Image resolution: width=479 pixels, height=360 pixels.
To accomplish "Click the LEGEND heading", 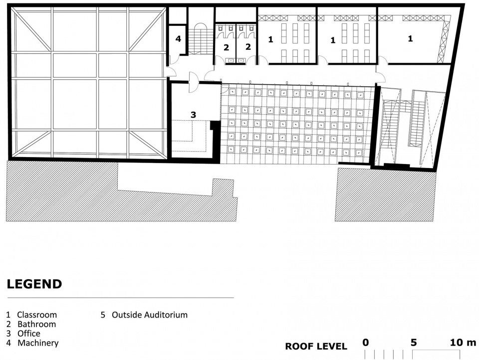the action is pos(34,284).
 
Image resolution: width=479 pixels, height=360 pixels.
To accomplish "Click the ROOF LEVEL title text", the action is pos(316,347).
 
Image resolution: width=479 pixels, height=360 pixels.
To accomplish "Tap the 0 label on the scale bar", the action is pos(366,343).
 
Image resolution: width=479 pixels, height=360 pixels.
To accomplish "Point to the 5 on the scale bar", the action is pos(414,343).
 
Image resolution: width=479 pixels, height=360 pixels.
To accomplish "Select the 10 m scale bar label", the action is pos(463,343).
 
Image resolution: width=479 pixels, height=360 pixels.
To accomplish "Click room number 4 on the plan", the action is pos(179,39).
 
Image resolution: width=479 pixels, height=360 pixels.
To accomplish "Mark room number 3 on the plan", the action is pos(193,115).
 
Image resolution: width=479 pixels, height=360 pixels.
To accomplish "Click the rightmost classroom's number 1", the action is pos(410,38).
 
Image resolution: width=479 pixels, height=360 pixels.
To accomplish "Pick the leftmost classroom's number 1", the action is pos(270,39).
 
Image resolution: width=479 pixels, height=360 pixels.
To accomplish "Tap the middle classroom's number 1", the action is pos(333,40).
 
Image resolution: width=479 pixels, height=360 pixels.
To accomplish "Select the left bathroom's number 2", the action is pos(226,48).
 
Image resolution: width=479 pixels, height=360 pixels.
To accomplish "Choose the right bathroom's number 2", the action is pos(248,46).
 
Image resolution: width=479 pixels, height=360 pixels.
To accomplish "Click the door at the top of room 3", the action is pos(194,82).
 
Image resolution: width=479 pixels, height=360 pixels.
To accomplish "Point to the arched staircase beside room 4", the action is pos(201,38).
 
